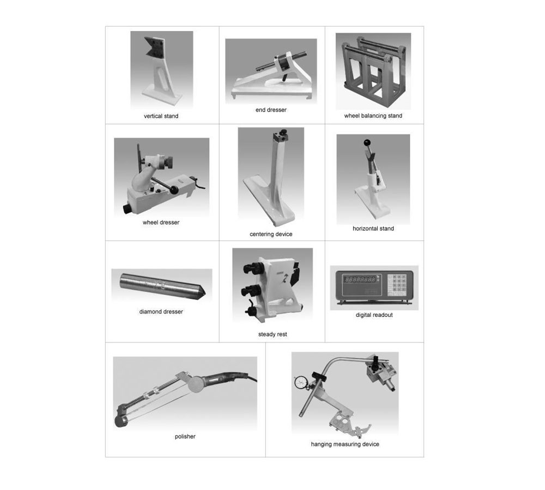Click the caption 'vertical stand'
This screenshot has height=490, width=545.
point(161,116)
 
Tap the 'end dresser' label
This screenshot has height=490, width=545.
point(271,110)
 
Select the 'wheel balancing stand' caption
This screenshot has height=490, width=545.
point(373,115)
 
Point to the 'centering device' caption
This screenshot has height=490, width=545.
point(271,234)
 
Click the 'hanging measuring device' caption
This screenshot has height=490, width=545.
point(345,444)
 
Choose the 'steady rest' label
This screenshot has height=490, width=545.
point(272,334)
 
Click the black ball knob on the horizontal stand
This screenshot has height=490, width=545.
point(366,143)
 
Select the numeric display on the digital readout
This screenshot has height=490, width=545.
point(360,279)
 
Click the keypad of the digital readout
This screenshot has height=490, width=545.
point(397,285)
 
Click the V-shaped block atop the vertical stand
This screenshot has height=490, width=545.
point(154,47)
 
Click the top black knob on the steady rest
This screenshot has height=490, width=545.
point(251,268)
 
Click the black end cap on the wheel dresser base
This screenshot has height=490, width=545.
point(128,209)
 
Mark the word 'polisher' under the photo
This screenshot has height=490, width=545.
point(185,437)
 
